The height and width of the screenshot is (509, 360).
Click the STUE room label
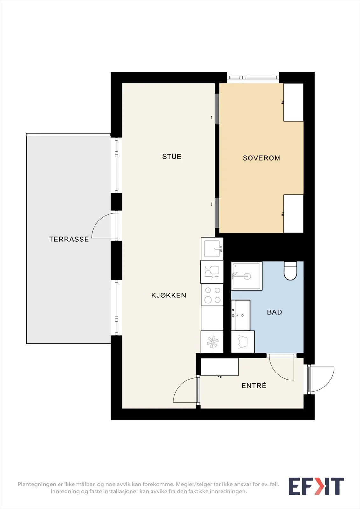click(172, 157)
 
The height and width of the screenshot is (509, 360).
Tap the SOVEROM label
click(261, 158)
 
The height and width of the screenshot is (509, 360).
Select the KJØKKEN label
click(169, 295)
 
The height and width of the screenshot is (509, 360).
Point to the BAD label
click(274, 312)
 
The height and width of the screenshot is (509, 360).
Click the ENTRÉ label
click(254, 385)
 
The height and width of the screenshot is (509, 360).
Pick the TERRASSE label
click(69, 239)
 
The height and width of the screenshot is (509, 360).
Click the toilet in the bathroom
click(290, 271)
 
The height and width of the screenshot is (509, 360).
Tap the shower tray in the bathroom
click(247, 276)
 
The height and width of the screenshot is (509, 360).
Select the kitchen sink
click(212, 248)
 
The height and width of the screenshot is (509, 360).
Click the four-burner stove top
click(212, 295)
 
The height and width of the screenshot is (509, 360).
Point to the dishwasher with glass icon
click(212, 272)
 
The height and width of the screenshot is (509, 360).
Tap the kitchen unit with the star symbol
click(212, 342)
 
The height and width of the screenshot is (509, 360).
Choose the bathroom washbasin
click(241, 315)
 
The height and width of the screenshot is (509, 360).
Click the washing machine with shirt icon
click(243, 342)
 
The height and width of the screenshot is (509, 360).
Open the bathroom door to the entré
click(282, 367)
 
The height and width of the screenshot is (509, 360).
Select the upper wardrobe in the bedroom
click(293, 102)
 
